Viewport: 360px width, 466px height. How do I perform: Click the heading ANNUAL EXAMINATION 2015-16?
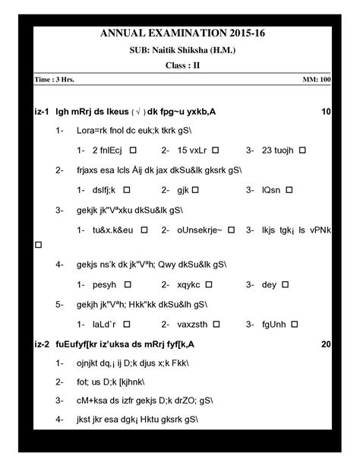[180, 33]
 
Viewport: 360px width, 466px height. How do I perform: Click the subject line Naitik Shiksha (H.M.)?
[180, 49]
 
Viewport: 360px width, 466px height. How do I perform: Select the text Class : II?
[180, 65]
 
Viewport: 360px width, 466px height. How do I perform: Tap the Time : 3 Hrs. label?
[55, 80]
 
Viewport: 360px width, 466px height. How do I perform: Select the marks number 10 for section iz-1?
[326, 113]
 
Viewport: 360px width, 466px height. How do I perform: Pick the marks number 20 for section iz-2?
[326, 344]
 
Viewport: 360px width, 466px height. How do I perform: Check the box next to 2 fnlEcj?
[134, 151]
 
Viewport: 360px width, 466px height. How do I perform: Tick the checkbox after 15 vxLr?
[216, 151]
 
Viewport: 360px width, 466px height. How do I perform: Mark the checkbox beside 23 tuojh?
[302, 151]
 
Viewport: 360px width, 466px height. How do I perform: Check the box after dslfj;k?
[127, 189]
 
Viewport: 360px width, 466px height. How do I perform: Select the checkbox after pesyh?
[128, 284]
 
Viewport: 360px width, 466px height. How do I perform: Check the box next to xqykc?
[213, 284]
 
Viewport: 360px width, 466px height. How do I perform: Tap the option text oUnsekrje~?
[200, 228]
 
